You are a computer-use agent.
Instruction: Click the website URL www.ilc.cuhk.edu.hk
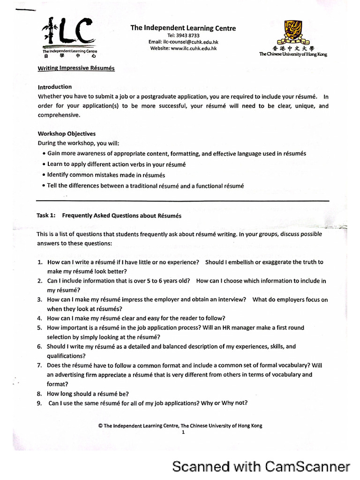[190, 48]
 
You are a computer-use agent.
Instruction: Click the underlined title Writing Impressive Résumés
[76, 68]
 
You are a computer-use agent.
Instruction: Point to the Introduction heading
[55, 87]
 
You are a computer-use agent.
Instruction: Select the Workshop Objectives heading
[67, 134]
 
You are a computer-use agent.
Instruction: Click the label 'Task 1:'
[46, 216]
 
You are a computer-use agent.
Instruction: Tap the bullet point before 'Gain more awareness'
[44, 154]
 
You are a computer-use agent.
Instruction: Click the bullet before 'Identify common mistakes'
[44, 175]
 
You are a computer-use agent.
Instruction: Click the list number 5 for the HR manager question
[40, 328]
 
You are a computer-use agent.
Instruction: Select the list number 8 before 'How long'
[40, 394]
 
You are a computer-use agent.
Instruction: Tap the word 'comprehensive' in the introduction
[59, 115]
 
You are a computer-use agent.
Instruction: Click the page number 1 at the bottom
[183, 433]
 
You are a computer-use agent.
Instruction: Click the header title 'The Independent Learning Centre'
[183, 28]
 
